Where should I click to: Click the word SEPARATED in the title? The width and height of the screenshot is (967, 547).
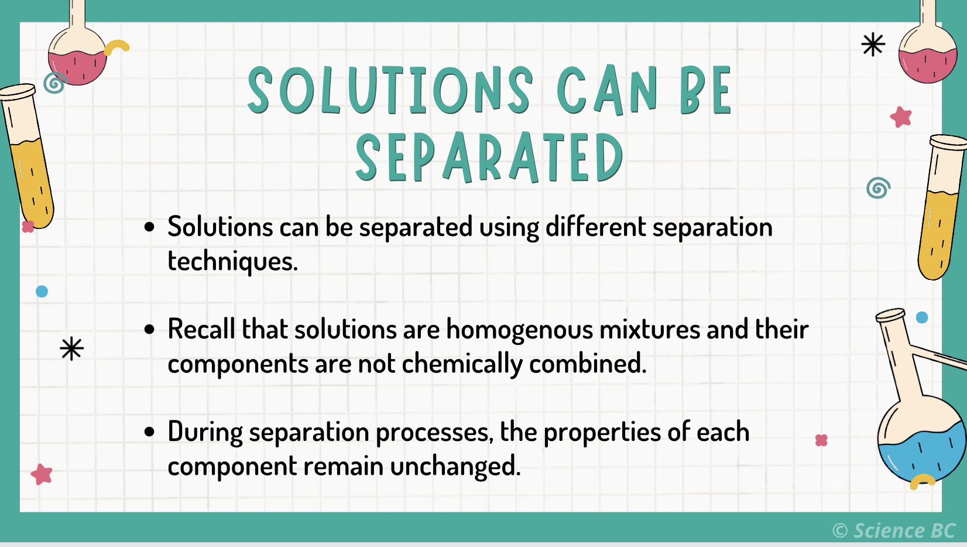click(489, 157)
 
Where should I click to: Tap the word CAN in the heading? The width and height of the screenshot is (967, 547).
click(606, 90)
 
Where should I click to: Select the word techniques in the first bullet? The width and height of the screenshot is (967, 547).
click(232, 261)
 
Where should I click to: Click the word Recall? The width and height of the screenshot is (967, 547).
click(201, 329)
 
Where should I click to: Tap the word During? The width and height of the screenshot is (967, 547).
click(205, 433)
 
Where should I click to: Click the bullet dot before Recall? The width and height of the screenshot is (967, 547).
click(150, 330)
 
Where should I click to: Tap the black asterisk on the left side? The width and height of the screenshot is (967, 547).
click(71, 349)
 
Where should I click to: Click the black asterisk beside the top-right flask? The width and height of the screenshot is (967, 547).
click(873, 45)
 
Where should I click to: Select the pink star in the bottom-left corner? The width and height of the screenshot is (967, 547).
click(42, 474)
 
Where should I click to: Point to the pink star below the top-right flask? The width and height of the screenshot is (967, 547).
click(901, 117)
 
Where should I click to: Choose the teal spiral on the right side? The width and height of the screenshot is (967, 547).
click(878, 188)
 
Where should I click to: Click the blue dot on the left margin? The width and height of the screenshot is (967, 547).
click(42, 291)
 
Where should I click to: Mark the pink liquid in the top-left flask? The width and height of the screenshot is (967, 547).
click(76, 67)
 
